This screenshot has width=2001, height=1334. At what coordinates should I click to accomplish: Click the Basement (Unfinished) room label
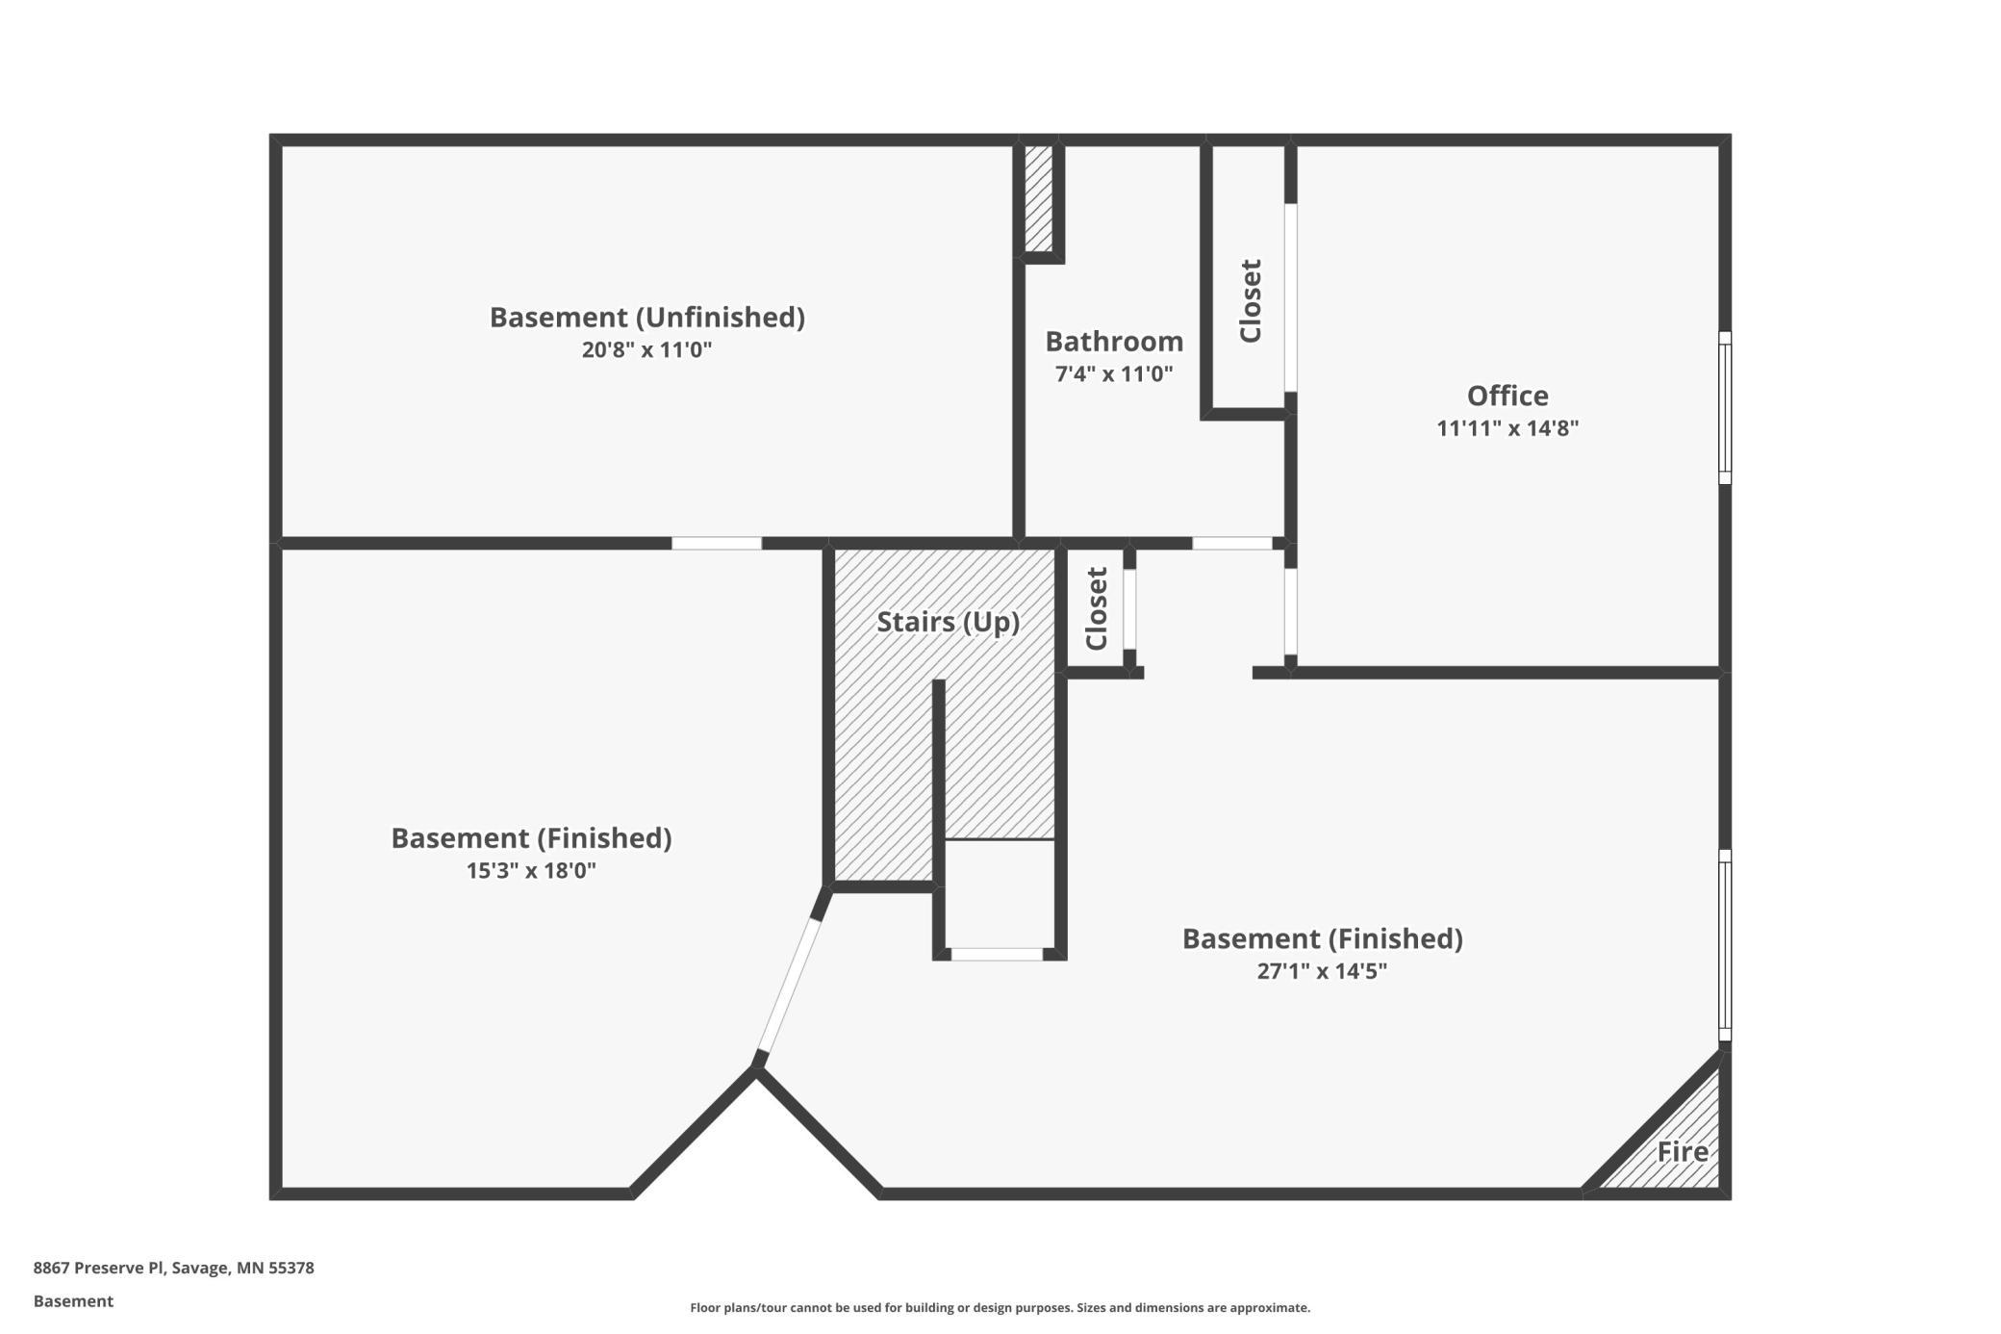tap(646, 317)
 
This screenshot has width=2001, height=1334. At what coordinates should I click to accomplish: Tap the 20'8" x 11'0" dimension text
tap(646, 349)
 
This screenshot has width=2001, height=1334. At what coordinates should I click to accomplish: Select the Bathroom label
tap(1114, 342)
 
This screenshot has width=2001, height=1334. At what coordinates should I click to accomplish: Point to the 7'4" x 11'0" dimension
tap(1114, 373)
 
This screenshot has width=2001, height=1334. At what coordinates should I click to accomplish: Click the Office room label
tap(1507, 396)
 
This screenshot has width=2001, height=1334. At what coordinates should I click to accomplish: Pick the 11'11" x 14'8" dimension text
tap(1507, 428)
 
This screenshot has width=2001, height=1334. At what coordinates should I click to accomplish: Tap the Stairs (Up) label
tap(948, 622)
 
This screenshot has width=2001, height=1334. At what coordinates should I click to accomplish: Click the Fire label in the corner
tap(1682, 1151)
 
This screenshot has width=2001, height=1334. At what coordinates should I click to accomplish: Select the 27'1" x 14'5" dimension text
tap(1322, 970)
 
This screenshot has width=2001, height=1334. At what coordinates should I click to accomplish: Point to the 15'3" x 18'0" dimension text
tap(531, 871)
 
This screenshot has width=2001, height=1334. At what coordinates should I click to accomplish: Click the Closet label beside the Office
tap(1250, 300)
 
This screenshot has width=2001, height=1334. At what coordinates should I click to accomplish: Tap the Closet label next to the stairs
tap(1097, 608)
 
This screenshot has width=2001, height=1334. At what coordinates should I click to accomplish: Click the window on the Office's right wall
tap(1725, 407)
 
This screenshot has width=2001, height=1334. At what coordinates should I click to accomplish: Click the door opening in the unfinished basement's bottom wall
tap(716, 544)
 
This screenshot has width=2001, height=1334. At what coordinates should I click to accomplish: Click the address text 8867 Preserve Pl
tap(173, 1268)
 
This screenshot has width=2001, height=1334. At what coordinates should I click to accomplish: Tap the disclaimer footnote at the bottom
tap(1000, 1307)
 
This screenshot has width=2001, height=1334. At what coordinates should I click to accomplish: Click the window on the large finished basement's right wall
tap(1725, 944)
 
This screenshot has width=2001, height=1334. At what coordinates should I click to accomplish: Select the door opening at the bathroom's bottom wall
tap(1231, 544)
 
